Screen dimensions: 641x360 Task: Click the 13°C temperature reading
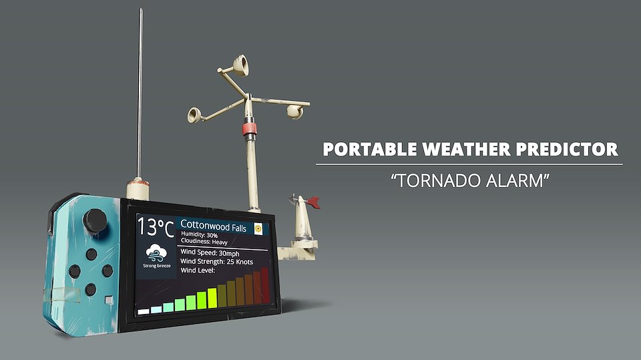pyautogui.click(x=156, y=228)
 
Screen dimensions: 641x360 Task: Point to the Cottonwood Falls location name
pyautogui.click(x=214, y=226)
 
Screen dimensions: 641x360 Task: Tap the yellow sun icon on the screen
pyautogui.click(x=258, y=228)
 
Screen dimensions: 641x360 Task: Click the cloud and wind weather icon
pyautogui.click(x=156, y=253)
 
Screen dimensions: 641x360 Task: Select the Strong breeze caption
pyautogui.click(x=157, y=266)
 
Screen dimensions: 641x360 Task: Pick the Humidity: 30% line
pyautogui.click(x=200, y=235)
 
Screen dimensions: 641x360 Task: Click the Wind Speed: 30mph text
pyautogui.click(x=210, y=253)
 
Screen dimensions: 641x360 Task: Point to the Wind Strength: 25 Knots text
pyautogui.click(x=216, y=261)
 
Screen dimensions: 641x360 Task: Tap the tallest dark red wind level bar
pyautogui.click(x=265, y=286)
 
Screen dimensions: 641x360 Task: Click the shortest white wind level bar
pyautogui.click(x=144, y=312)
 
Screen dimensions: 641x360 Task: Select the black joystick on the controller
pyautogui.click(x=95, y=221)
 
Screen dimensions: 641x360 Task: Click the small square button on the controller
pyautogui.click(x=109, y=300)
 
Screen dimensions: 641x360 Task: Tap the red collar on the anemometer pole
pyautogui.click(x=249, y=129)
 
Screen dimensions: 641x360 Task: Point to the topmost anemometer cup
pyautogui.click(x=241, y=65)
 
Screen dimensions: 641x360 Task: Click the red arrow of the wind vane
pyautogui.click(x=313, y=202)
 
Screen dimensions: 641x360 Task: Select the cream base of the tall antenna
pyautogui.click(x=138, y=189)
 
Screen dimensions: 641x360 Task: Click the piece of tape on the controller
pyautogui.click(x=62, y=295)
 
